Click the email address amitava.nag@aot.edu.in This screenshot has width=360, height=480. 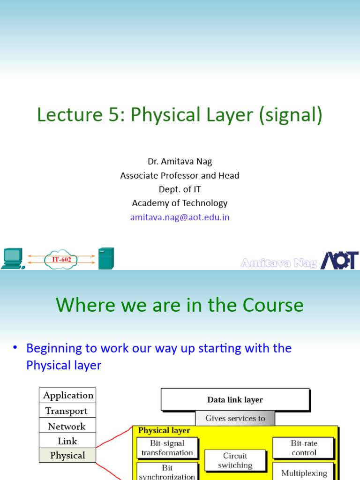tap(180, 217)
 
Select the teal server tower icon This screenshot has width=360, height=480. tap(106, 258)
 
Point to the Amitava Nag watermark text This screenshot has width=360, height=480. tap(278, 263)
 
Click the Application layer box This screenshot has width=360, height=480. tap(68, 395)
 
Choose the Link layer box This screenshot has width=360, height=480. tap(67, 441)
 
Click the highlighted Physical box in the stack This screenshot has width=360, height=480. tap(67, 455)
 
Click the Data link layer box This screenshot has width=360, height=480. tap(235, 400)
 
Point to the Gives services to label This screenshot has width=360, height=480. tap(235, 418)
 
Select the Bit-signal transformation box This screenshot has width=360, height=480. tap(167, 448)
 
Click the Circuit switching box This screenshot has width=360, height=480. tap(235, 460)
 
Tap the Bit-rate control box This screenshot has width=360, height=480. tap(304, 448)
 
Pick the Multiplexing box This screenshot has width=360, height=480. tap(304, 472)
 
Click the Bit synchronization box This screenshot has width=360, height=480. tap(167, 472)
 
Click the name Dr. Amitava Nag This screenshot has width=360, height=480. tap(180, 161)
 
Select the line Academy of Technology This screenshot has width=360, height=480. tap(180, 203)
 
